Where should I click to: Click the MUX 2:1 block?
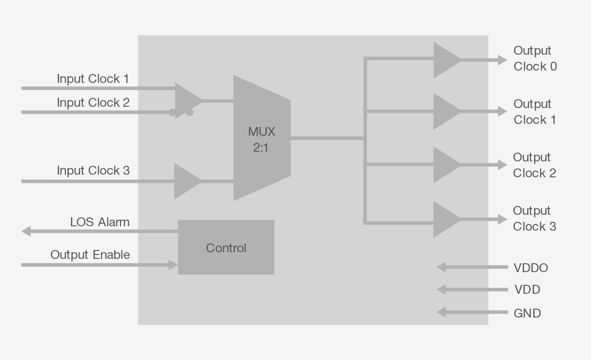261,138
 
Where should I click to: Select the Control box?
226,247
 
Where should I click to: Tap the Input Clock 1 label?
93,79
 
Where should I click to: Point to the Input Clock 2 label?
93,103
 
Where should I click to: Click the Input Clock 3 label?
93,170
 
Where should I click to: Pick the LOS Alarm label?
100,222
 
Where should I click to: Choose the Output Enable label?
90,255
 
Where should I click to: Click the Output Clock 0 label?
535,59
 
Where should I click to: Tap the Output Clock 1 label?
535,112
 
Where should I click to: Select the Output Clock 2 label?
534,165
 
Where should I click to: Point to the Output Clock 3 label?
534,219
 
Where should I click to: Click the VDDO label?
531,268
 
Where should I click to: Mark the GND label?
527,313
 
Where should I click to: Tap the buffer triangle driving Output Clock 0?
445,60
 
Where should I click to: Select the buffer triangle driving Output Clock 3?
445,220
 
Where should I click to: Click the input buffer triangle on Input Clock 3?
185,181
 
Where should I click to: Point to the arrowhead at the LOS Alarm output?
26,231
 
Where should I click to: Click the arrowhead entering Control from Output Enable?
173,265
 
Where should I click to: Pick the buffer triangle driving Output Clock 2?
445,165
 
